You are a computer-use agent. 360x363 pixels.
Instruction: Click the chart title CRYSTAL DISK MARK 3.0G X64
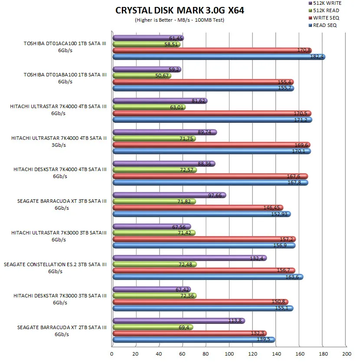click(180, 10)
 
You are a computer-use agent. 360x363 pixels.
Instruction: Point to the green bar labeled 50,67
click(141, 76)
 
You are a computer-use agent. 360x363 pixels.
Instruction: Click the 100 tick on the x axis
click(229, 353)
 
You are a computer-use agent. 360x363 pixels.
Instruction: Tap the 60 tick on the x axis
click(183, 353)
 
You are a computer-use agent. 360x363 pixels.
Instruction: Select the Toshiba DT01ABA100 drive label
click(65, 78)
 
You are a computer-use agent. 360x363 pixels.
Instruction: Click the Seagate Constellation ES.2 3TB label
click(55, 267)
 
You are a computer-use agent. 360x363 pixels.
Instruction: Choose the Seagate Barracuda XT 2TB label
click(62, 330)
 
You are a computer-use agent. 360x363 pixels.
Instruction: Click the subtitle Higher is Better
click(179, 20)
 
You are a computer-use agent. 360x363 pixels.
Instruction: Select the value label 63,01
click(178, 107)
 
